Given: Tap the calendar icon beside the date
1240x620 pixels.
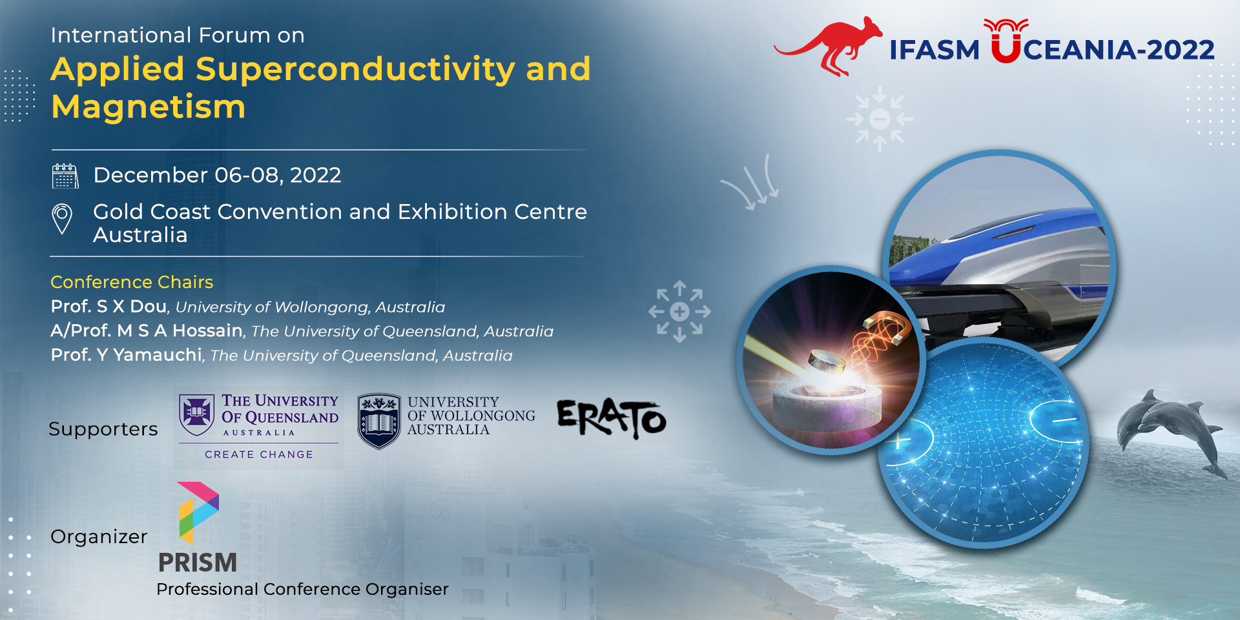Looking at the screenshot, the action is pyautogui.click(x=65, y=176).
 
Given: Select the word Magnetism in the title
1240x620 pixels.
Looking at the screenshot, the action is pyautogui.click(x=149, y=107).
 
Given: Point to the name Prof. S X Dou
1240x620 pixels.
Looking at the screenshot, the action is pyautogui.click(x=108, y=306).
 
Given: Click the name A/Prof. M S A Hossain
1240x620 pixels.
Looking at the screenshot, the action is pyautogui.click(x=147, y=331).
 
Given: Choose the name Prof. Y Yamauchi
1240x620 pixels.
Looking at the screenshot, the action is pyautogui.click(x=127, y=355).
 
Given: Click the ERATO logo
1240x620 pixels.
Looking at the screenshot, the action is pyautogui.click(x=611, y=419).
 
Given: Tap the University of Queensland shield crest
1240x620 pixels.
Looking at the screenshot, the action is pyautogui.click(x=197, y=415).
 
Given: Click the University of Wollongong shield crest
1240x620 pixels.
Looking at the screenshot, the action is pyautogui.click(x=379, y=421).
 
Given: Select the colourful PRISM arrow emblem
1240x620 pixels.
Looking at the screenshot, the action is pyautogui.click(x=198, y=513).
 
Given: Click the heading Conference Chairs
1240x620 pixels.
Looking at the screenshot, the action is pyautogui.click(x=132, y=282).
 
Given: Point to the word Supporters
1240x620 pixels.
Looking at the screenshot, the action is pyautogui.click(x=103, y=429).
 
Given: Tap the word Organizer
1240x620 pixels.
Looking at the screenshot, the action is pyautogui.click(x=99, y=537).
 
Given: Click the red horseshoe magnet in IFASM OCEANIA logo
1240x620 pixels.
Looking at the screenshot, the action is pyautogui.click(x=1006, y=41).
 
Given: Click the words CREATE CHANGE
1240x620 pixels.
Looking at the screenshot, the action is pyautogui.click(x=259, y=455).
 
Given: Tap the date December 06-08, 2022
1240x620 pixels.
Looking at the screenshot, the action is pyautogui.click(x=217, y=175).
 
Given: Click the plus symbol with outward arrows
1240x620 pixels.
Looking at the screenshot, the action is pyautogui.click(x=679, y=311).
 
